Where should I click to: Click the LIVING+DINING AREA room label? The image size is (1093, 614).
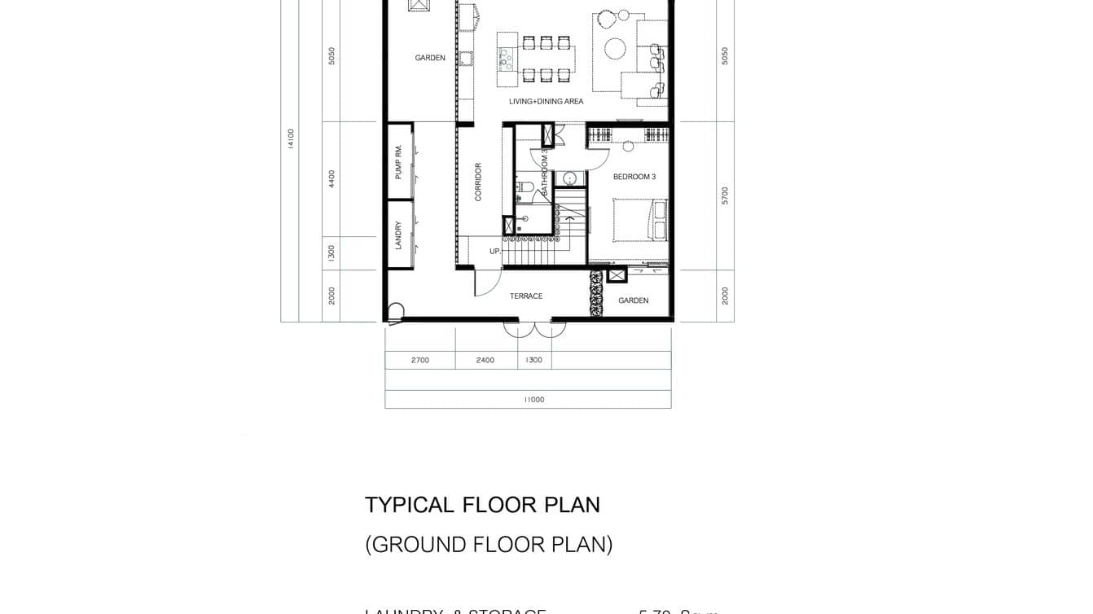point(546,102)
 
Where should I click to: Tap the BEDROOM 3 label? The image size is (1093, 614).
point(634,177)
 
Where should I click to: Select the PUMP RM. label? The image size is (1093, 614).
point(398,161)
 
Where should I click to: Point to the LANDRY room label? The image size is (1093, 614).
point(398,235)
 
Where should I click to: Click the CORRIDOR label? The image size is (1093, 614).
point(478,182)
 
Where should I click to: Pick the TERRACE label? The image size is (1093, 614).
point(525,296)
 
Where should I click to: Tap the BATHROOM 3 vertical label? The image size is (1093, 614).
point(545,172)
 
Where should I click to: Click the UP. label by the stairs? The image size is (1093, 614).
point(494,252)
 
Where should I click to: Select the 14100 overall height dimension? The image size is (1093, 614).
point(291,138)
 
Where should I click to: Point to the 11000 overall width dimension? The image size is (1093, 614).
point(533,400)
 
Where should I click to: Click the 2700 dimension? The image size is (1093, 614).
point(419,360)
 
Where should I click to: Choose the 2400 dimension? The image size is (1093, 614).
point(485,360)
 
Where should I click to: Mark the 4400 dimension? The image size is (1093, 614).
point(331,178)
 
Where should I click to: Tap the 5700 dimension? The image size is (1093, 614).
point(725,195)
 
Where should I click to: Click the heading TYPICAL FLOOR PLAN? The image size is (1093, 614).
point(482,505)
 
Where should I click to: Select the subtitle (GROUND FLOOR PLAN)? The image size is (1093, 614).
point(489,544)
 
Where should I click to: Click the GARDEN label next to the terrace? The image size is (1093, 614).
point(633,300)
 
